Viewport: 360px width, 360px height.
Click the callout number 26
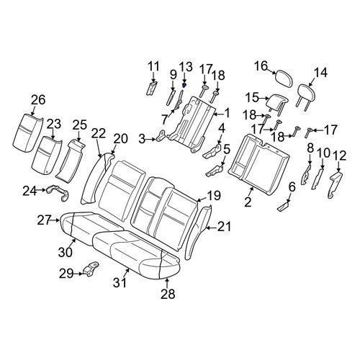point(38,100)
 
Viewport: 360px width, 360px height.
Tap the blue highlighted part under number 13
point(184,85)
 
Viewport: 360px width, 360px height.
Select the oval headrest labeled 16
point(284,78)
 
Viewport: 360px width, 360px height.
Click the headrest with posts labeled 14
point(305,96)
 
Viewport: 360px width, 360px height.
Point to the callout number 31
point(120,282)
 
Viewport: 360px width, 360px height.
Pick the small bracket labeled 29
point(91,269)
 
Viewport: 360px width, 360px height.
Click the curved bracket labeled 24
point(58,192)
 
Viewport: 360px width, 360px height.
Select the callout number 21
point(224,227)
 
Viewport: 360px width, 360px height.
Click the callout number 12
point(339,156)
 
